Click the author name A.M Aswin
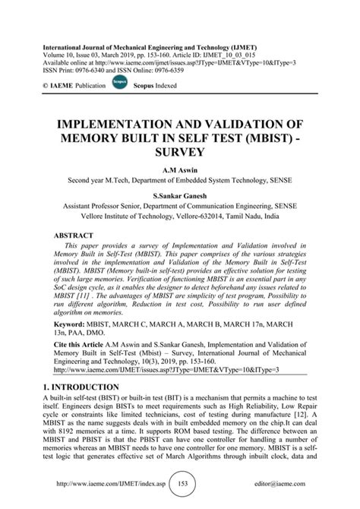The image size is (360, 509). click(179, 172)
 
